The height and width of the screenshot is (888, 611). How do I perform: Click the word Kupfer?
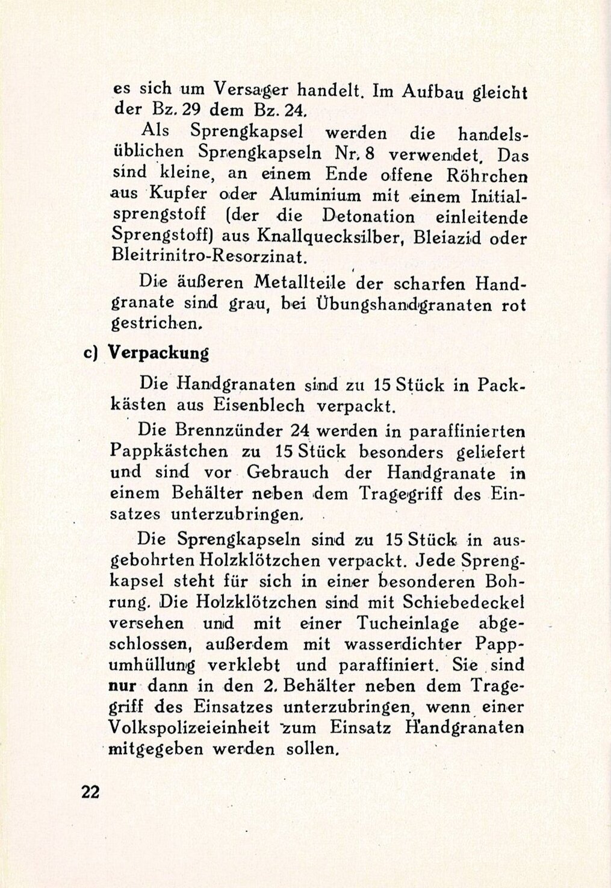pos(172,195)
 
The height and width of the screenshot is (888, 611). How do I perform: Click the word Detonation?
pos(368,216)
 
